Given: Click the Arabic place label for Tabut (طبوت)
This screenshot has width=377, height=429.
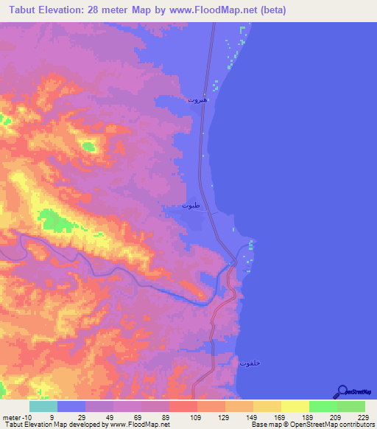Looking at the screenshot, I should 191,206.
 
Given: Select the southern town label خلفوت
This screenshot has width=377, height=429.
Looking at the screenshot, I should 250,363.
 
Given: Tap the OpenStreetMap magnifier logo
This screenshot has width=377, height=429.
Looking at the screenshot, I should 341,391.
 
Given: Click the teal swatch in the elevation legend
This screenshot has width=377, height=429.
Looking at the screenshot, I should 43,406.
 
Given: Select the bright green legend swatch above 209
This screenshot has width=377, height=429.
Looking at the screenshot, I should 323,406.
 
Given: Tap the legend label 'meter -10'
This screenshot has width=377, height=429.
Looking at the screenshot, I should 15,417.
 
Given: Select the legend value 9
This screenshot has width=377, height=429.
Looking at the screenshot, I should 52,417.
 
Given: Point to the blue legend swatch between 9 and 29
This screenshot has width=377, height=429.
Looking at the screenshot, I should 71,406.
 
